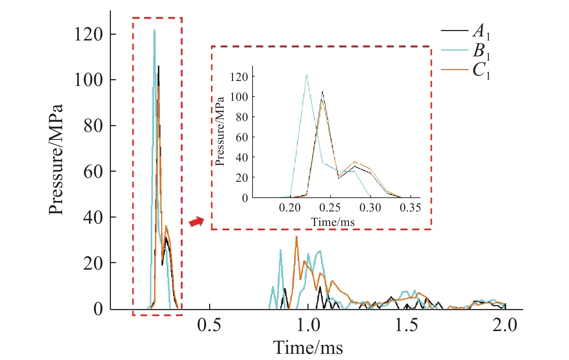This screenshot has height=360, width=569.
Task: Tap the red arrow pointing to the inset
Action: [x=197, y=222]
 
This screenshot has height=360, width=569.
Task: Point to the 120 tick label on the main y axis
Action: [x=89, y=34]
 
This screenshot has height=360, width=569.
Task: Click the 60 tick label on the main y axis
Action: [x=93, y=172]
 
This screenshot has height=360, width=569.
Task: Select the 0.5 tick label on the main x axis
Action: [x=209, y=325]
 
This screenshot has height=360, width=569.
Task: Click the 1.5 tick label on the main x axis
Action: [x=406, y=325]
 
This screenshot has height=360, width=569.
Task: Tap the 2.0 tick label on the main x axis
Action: [x=505, y=325]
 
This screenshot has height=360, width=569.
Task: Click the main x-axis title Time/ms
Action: [x=308, y=348]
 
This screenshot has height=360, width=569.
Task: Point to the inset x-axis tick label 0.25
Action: [x=330, y=208]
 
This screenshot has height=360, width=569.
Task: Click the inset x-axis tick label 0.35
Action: [x=410, y=208]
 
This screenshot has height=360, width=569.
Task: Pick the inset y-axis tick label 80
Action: [x=242, y=117]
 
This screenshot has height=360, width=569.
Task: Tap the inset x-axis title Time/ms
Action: [x=333, y=222]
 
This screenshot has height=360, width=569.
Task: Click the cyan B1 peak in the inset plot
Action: [x=306, y=75]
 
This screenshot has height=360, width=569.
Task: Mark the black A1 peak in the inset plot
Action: [x=322, y=92]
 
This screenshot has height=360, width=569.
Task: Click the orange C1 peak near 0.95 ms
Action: [x=296, y=237]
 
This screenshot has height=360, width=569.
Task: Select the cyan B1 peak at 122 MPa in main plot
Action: [x=154, y=30]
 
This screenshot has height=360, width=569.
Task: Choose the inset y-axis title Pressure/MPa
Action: [x=220, y=132]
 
